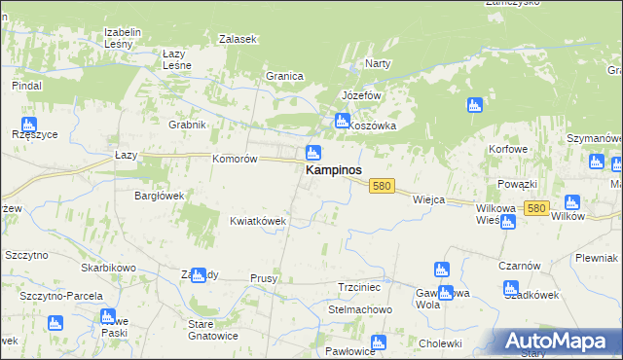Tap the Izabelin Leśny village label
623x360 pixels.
point(124,37)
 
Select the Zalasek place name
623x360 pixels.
point(238,39)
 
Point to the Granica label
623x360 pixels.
point(285,76)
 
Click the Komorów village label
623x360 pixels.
point(234,158)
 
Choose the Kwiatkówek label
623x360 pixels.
point(257,221)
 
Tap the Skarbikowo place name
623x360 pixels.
point(108,267)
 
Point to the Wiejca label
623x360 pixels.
point(428,199)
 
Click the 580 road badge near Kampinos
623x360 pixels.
point(382,186)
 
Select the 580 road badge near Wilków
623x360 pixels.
point(535,208)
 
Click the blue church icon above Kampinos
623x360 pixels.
point(313,153)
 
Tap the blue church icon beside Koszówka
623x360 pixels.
point(342,122)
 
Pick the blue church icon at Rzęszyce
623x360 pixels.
point(28,125)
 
